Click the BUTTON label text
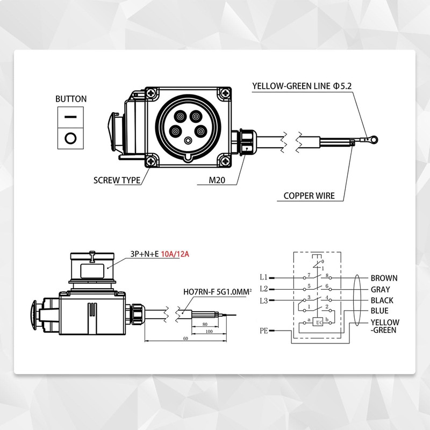[x=71, y=99]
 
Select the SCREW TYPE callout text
[x=117, y=181]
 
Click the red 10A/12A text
[x=175, y=254]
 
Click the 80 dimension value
[x=205, y=325]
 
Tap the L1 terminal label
[x=263, y=278]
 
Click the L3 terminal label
[x=263, y=300]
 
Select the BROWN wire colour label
[x=384, y=278]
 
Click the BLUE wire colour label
[x=379, y=311]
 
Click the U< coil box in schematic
[x=319, y=322]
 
